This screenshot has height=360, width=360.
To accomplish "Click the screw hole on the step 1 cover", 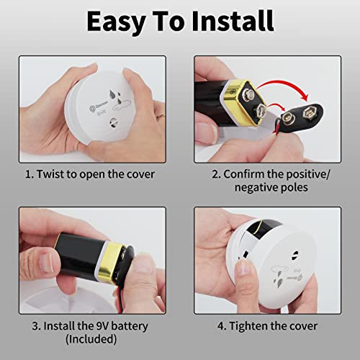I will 113,123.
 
